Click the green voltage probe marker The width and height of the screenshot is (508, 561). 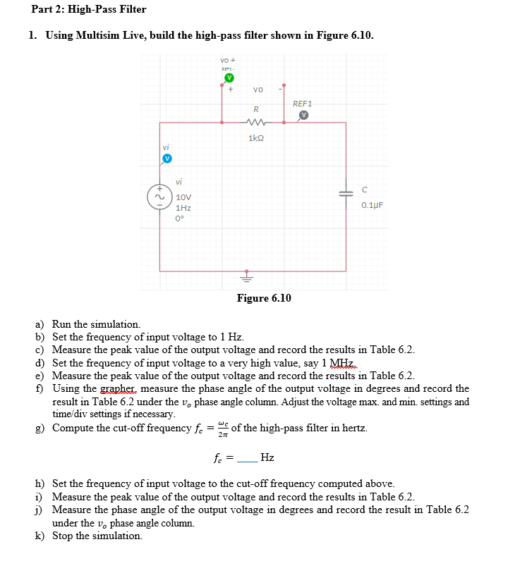click(x=229, y=77)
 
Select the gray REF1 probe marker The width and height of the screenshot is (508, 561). click(x=304, y=115)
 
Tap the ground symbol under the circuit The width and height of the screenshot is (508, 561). click(x=247, y=276)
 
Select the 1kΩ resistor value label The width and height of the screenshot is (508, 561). click(x=255, y=138)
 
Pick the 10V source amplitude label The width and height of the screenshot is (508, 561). click(x=183, y=197)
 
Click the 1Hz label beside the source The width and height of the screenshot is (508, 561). click(x=183, y=208)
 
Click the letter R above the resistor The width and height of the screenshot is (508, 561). click(x=256, y=109)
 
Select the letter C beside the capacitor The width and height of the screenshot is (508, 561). click(x=364, y=190)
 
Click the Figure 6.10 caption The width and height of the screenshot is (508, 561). click(x=264, y=298)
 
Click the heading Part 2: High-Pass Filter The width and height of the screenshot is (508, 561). click(x=89, y=9)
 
